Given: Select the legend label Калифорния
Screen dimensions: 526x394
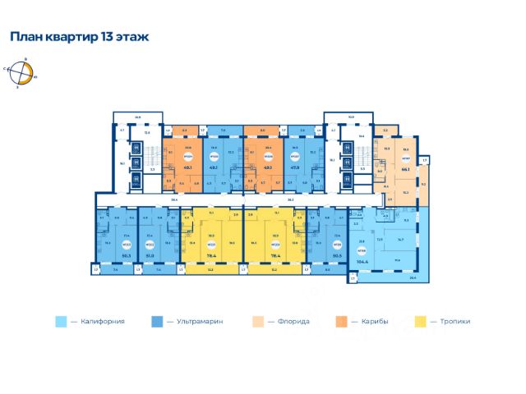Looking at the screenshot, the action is [103, 322].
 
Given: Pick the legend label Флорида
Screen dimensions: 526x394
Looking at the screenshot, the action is [293, 322].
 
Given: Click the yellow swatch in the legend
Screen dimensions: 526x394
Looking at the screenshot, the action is [422, 322].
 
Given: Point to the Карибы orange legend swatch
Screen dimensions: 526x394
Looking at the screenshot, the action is [339, 322].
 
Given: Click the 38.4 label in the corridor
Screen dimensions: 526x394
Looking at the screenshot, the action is [174, 199].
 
